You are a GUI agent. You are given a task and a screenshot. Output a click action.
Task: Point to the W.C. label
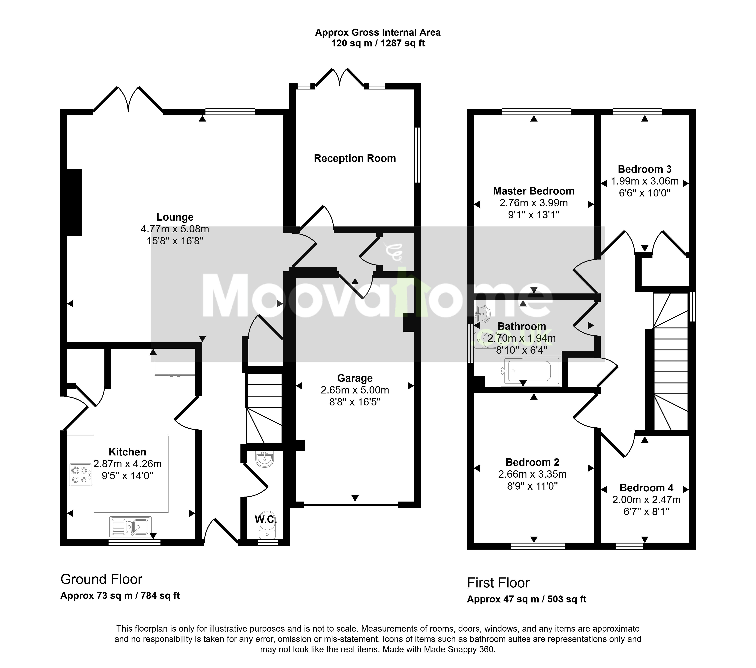(266, 520)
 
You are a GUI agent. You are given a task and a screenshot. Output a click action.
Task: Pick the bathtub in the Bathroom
(530, 371)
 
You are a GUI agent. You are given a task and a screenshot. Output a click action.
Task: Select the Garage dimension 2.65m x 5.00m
(355, 390)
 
